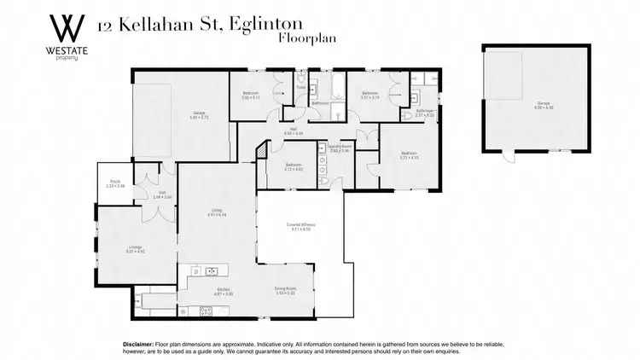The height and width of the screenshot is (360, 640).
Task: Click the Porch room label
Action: (115, 185)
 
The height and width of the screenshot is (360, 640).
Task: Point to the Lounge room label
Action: (113, 250)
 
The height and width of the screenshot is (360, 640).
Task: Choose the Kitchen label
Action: (224, 292)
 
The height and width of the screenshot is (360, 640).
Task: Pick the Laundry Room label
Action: (339, 148)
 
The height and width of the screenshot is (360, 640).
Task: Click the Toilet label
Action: (301, 88)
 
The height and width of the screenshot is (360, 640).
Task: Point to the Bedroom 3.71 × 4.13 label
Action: (410, 156)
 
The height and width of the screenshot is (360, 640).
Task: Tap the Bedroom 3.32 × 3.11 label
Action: (250, 96)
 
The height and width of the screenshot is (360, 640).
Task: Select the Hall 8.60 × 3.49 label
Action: (317, 132)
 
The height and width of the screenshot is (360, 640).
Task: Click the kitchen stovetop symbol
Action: (195, 272)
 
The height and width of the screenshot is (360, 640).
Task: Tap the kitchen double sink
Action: (213, 272)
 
